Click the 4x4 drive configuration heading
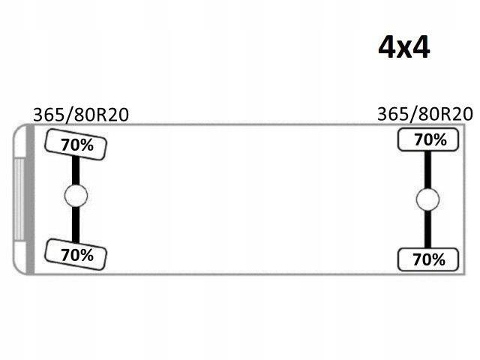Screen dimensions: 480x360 point(404,47)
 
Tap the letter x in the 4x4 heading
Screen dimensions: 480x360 point(404,51)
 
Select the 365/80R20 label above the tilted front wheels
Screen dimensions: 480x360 point(81,115)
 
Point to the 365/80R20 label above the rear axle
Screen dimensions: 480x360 point(425,114)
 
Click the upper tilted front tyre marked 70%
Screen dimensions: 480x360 point(76,145)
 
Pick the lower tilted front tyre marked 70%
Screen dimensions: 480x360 point(76,255)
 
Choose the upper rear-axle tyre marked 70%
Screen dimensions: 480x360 point(428,139)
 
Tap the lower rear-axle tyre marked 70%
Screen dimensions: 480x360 point(428,259)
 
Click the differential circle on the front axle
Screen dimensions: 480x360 point(76,196)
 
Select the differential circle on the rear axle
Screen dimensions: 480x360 point(427,199)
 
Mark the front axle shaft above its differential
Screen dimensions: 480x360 point(76,170)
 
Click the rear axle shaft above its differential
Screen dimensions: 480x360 point(427,170)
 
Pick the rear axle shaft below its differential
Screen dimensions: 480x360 point(427,229)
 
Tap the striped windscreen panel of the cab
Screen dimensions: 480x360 point(19,199)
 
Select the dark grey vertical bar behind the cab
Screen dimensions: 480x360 point(30,199)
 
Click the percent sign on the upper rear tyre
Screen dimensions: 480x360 point(440,140)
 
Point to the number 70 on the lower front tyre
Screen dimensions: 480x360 point(69,255)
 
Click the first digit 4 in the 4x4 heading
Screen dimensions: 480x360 point(387,47)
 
